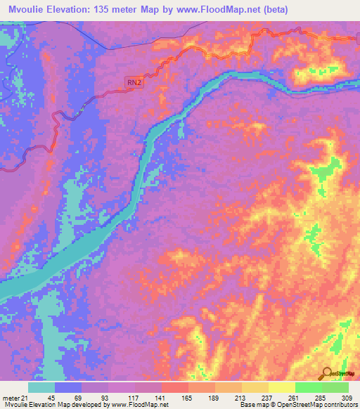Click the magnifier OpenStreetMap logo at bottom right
(x=326, y=372)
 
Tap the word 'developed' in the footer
(x=89, y=405)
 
